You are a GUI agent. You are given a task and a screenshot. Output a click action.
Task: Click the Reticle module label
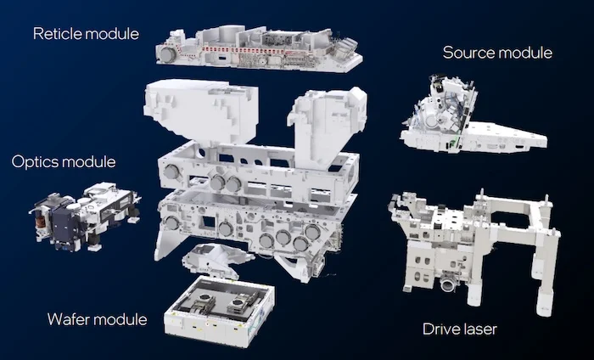(86, 34)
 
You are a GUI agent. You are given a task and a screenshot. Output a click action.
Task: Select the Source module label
(497, 53)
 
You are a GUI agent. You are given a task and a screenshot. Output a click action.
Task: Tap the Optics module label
(64, 160)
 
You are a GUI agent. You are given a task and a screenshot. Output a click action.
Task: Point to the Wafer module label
(97, 319)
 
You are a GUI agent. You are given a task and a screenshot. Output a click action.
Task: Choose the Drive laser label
(459, 328)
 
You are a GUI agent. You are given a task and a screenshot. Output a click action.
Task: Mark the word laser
(479, 328)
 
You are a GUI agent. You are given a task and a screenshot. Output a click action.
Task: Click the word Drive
(440, 328)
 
